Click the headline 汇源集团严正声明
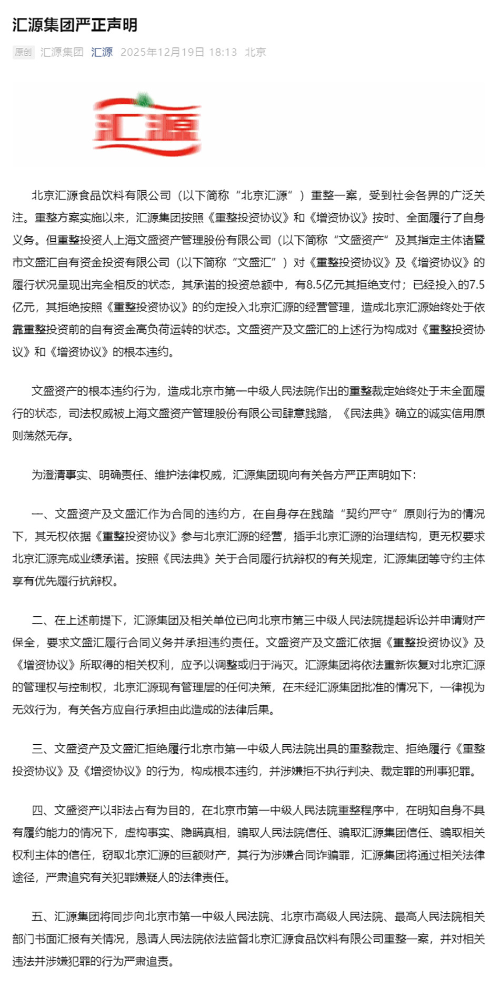75,25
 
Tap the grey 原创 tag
23,52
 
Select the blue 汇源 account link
102,52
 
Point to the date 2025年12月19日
162,52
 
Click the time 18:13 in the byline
223,52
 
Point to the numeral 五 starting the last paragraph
37,917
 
